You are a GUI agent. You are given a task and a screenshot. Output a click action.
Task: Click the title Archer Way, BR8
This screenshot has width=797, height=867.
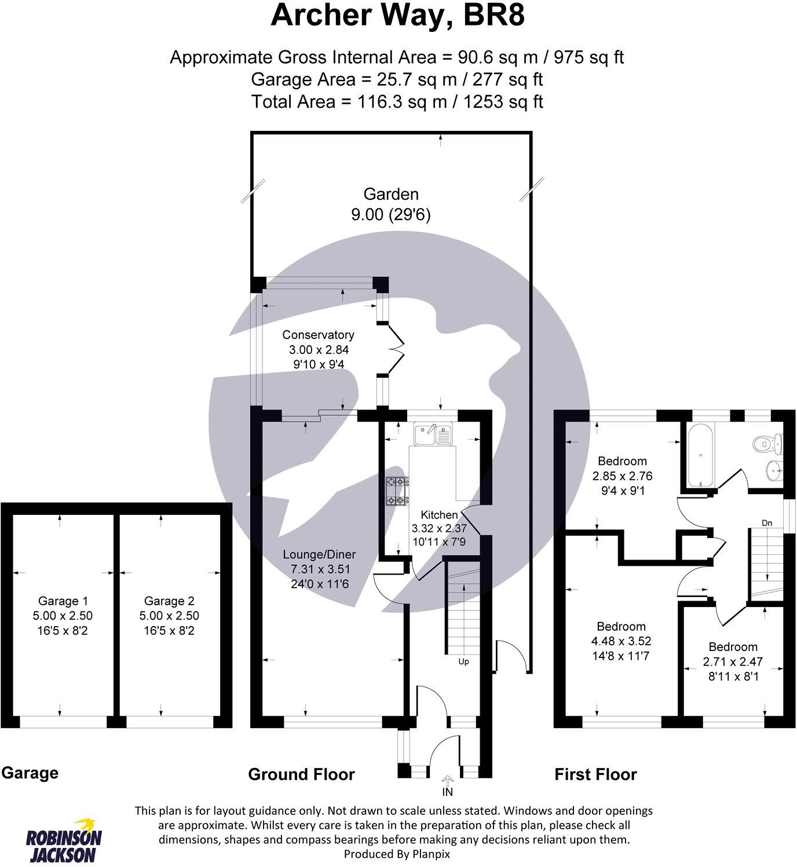pos(398,16)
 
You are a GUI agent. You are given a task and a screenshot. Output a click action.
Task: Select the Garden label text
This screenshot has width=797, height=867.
pos(391,194)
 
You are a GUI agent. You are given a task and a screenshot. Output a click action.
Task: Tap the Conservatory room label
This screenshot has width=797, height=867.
pos(319,335)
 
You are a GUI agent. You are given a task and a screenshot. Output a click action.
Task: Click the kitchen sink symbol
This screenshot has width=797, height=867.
pos(433,434)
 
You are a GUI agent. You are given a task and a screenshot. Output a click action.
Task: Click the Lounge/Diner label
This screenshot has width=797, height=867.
pos(320,554)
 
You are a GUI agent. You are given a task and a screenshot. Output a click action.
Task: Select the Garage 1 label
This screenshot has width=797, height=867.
pos(63,601)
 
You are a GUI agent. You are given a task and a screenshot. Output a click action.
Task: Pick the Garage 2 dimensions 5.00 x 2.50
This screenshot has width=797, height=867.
pos(169,616)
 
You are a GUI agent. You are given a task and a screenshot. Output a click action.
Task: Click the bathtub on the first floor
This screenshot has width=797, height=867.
pos(701,455)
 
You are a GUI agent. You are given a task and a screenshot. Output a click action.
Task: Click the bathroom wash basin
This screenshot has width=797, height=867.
pos(774,470)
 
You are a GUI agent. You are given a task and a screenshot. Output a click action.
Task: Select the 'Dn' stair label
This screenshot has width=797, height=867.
pos(767,523)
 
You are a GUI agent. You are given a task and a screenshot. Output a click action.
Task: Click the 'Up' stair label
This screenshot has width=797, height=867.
pos(463,662)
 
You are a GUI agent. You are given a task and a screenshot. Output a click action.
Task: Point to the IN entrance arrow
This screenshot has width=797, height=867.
pos(447,780)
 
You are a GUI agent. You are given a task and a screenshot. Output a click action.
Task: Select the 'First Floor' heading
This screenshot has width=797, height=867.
pos(595,774)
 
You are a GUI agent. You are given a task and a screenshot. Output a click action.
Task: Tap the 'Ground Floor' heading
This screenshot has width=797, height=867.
pos(301,774)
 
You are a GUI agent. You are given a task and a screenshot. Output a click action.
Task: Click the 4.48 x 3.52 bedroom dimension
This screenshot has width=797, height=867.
pos(621,641)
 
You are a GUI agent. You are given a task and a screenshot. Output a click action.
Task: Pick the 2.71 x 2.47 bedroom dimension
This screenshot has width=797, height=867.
pos(733,661)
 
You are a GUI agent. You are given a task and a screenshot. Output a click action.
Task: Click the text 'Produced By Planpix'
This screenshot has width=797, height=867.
pos(397,854)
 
